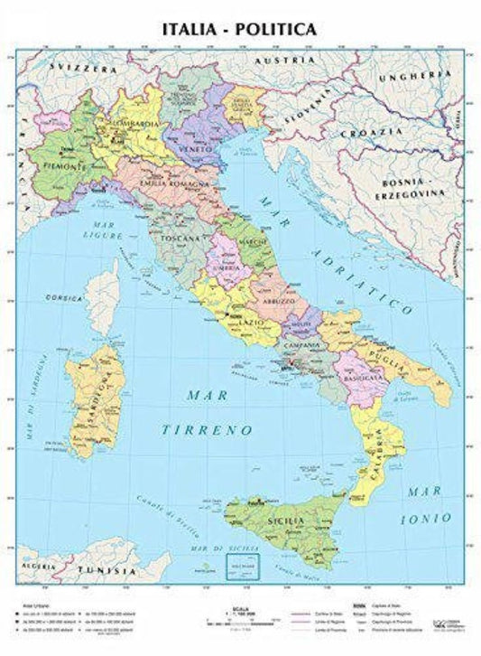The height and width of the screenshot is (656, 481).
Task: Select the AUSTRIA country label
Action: pyautogui.click(x=276, y=61)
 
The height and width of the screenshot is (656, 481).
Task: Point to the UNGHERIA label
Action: pyautogui.click(x=418, y=76)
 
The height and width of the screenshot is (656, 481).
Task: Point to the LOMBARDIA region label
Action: pyautogui.click(x=134, y=122)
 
